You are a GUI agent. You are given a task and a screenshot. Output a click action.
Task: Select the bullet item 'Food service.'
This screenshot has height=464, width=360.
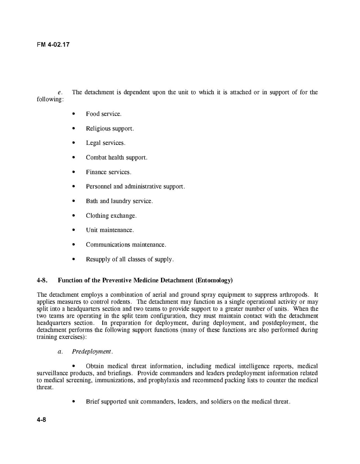pos(103,114)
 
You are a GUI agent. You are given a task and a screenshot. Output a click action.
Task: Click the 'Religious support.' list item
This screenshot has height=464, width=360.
pos(110,129)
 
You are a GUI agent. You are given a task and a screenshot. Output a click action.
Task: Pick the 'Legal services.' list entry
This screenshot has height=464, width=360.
pos(105,143)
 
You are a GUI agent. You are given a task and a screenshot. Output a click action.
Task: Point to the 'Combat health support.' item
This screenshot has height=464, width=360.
pos(116,158)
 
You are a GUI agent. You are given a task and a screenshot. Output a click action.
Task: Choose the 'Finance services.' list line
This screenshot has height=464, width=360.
pos(108,172)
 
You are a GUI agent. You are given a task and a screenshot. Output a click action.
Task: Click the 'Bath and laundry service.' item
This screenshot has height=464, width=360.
pos(119,201)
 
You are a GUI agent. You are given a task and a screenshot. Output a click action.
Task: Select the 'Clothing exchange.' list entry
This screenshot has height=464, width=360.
pos(111,216)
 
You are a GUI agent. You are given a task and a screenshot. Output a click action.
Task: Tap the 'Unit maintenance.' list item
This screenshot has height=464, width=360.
pos(110,230)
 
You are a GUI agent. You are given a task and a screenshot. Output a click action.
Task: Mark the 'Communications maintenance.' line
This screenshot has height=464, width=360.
pos(126,245)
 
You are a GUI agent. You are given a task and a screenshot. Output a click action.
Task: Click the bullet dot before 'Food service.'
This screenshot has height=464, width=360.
pos(74,114)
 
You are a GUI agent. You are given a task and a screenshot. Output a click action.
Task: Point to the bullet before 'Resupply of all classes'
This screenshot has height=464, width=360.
pos(74,259)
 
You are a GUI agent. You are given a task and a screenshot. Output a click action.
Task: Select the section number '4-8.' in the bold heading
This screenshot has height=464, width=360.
pos(42,280)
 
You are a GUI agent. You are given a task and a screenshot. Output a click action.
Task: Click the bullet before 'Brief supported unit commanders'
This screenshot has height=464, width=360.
pos(74,402)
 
